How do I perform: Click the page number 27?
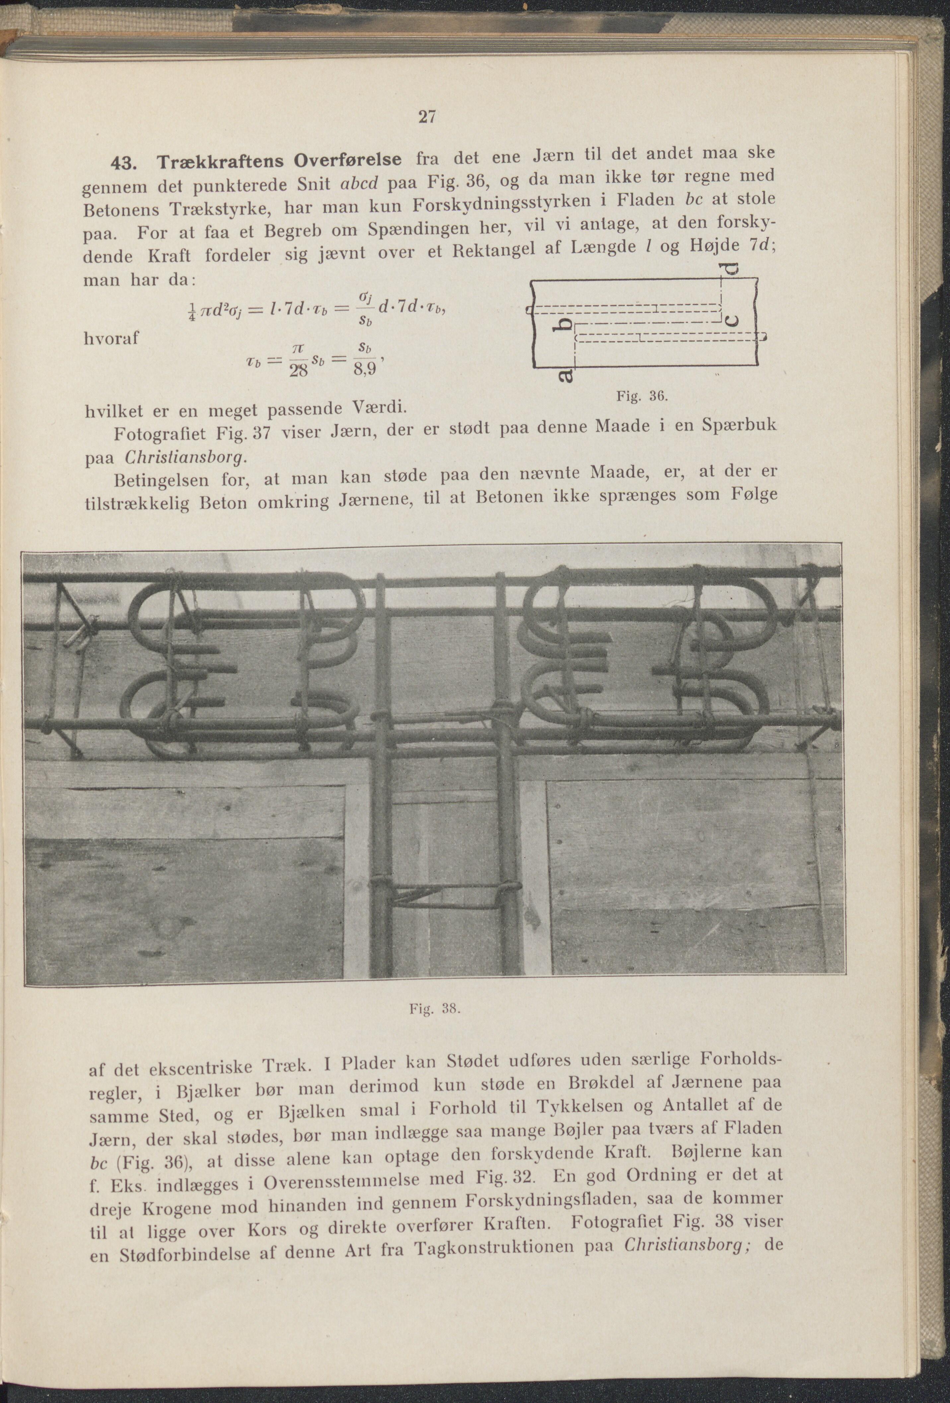pos(426,117)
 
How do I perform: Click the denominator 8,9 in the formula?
pos(364,369)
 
